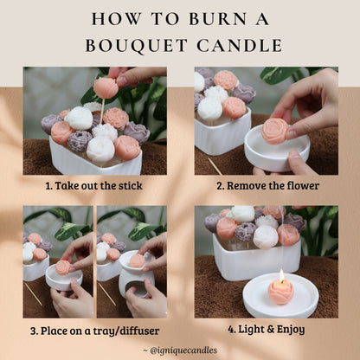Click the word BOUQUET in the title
(137, 46)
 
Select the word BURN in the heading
(218, 18)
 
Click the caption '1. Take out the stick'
(94, 185)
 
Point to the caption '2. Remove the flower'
(268, 185)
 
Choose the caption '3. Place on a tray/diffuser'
(95, 331)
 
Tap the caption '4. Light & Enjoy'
(267, 329)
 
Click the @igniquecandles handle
(183, 350)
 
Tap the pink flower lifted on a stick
(106, 87)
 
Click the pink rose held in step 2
(275, 131)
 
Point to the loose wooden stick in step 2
(215, 166)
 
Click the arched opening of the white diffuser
(137, 289)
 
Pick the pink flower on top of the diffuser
(138, 260)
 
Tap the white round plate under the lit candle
(280, 298)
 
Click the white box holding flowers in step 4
(256, 258)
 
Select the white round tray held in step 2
(277, 149)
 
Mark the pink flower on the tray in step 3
(63, 267)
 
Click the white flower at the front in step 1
(100, 149)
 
